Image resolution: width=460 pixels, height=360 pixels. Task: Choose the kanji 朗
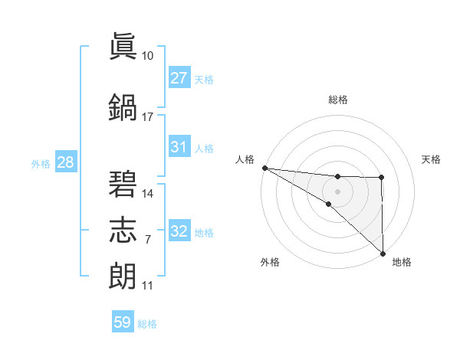pyautogui.click(x=124, y=275)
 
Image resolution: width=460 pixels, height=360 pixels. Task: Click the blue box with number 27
pyautogui.click(x=179, y=78)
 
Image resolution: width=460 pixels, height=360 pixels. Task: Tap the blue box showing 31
pyautogui.click(x=179, y=147)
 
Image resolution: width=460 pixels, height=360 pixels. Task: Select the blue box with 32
pyautogui.click(x=179, y=232)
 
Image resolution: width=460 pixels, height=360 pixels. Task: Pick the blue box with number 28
pyautogui.click(x=65, y=163)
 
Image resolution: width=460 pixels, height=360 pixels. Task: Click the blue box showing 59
pyautogui.click(x=123, y=322)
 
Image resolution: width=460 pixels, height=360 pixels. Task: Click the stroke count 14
pyautogui.click(x=147, y=194)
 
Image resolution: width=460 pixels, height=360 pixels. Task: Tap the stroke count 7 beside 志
pyautogui.click(x=147, y=240)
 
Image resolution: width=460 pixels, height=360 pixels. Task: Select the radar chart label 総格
pyautogui.click(x=338, y=100)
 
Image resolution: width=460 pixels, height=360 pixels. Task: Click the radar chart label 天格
pyautogui.click(x=432, y=159)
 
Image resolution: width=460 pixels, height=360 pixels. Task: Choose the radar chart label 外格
pyautogui.click(x=270, y=262)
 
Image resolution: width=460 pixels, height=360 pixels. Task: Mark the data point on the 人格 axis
pyautogui.click(x=264, y=168)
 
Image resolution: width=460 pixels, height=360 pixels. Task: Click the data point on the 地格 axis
pyautogui.click(x=383, y=254)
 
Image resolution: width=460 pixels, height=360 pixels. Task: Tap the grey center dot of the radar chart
pyautogui.click(x=337, y=190)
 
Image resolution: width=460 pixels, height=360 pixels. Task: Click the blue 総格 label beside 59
pyautogui.click(x=147, y=324)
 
